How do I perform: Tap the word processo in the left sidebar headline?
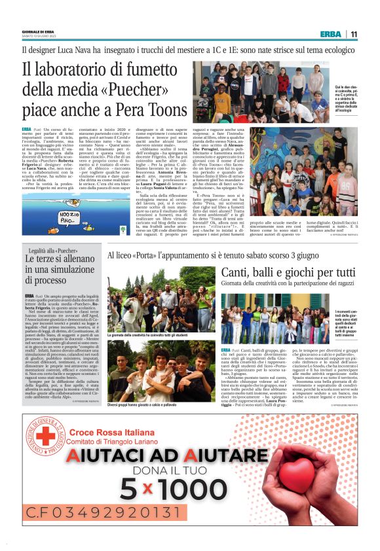(x=45, y=279)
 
